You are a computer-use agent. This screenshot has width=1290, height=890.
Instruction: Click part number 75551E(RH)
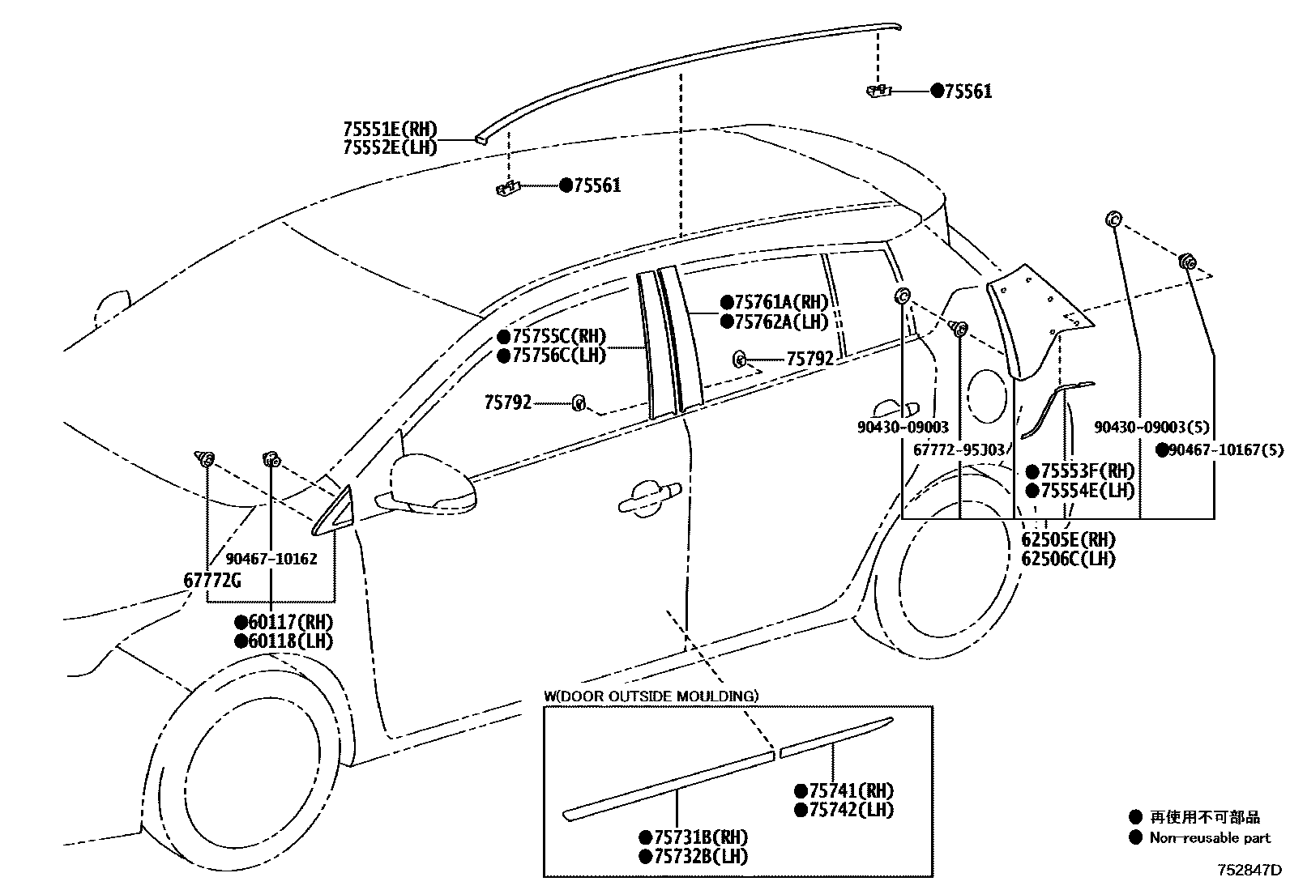pos(389,129)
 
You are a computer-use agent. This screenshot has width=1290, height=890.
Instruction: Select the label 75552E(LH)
pos(389,147)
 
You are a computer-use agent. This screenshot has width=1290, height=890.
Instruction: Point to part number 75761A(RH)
pos(781,303)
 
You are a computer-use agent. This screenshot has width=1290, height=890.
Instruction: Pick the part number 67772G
pos(211,580)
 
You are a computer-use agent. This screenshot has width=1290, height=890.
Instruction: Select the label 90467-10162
pos(271,559)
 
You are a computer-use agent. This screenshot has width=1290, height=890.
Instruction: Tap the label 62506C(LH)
pos(1068,559)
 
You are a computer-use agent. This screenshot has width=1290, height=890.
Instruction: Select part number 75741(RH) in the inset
pos(851,791)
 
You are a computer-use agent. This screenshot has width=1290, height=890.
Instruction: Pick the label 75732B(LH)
pos(700,856)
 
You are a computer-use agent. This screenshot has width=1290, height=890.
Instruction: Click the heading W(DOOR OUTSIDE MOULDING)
pos(651,696)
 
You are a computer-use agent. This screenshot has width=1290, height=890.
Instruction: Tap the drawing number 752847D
pos(1249,871)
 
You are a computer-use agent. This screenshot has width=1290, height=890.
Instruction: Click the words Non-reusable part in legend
pos(1210,838)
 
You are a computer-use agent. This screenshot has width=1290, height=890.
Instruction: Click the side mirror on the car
pos(432,483)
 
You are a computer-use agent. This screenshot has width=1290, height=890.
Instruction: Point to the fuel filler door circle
pos(986,395)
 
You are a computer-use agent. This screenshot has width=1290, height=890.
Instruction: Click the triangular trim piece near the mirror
pos(335,513)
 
